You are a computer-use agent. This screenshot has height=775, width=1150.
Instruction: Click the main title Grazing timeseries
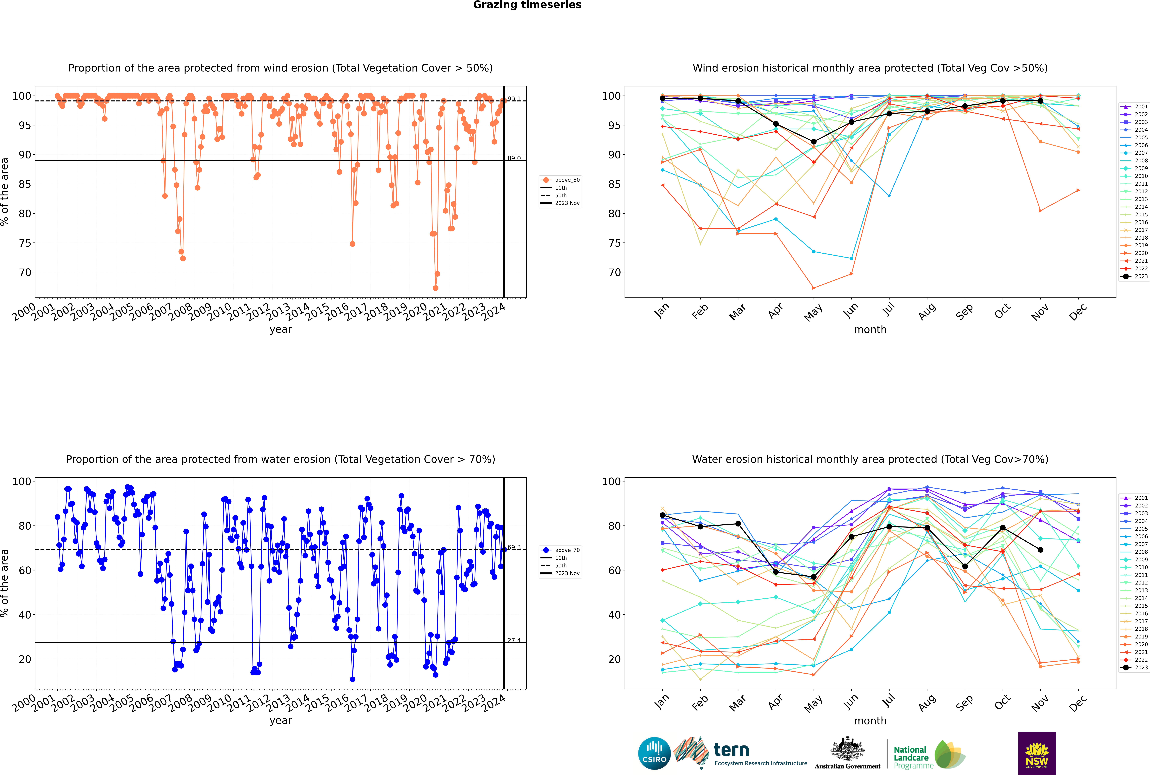[x=527, y=5]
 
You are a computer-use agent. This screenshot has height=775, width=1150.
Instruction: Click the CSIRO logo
[x=654, y=754]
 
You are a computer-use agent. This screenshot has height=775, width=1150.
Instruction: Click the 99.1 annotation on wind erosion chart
[x=514, y=99]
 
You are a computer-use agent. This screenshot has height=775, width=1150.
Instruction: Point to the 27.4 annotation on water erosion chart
[x=514, y=640]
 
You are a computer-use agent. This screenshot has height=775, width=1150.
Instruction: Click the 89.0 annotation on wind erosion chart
[x=514, y=158]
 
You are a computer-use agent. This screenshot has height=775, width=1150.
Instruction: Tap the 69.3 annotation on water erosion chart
[x=514, y=547]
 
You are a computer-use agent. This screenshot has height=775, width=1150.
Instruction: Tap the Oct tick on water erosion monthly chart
[x=1002, y=703]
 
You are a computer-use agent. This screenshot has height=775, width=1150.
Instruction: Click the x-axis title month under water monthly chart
[x=870, y=721]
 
